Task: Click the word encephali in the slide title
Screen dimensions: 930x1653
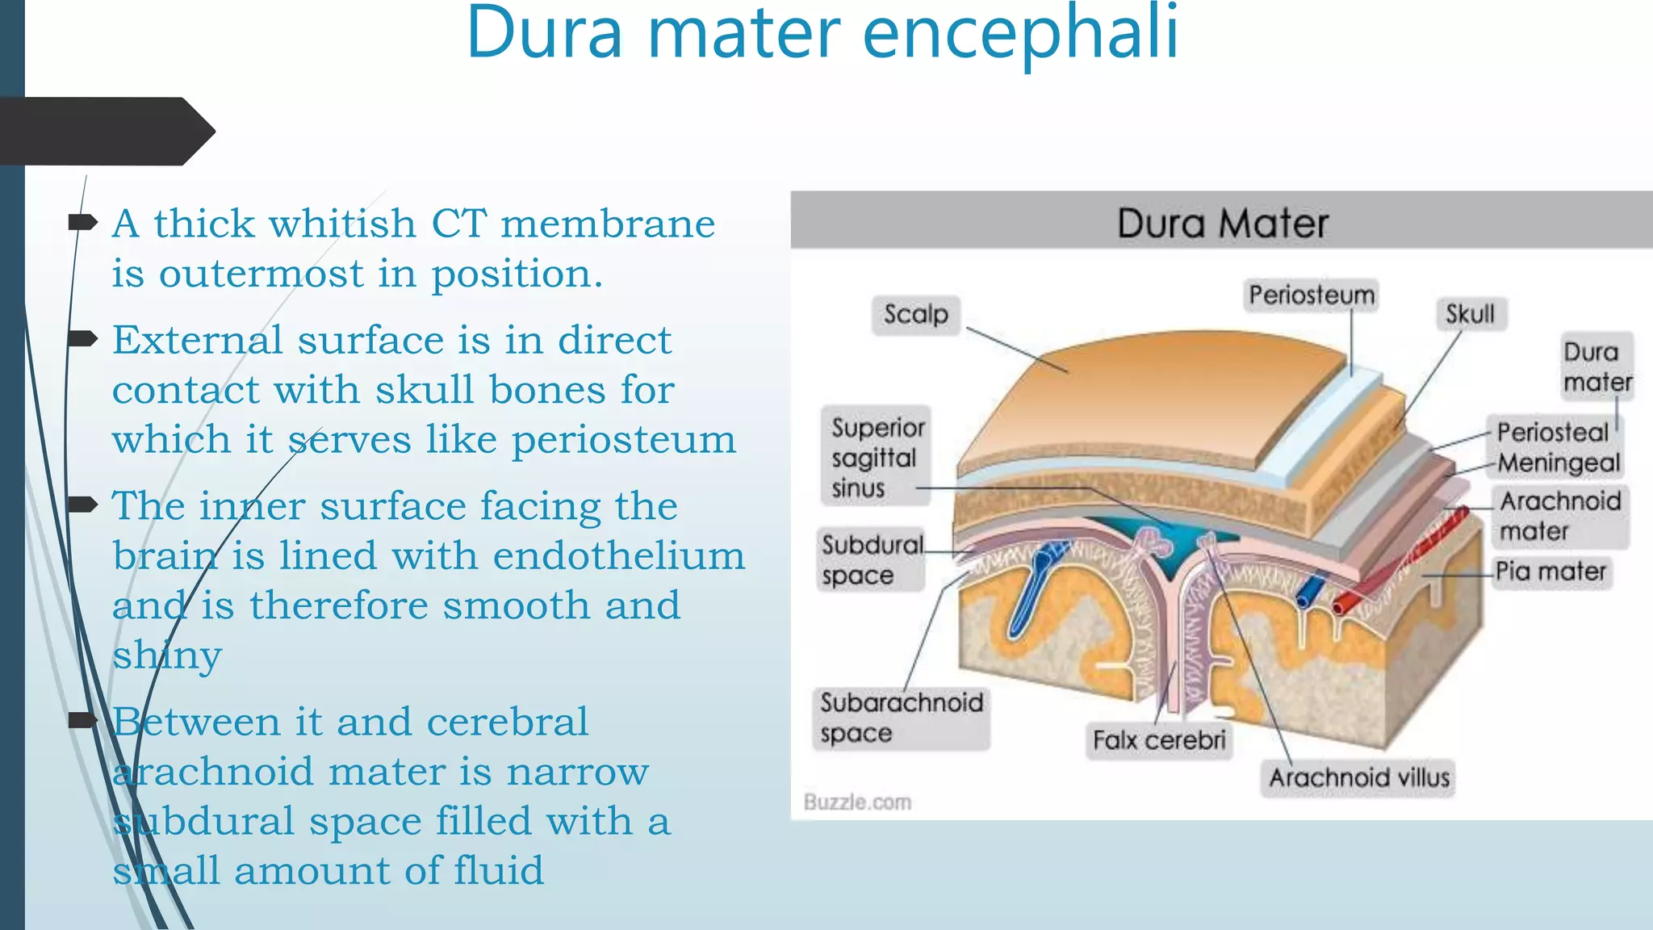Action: (x=1020, y=34)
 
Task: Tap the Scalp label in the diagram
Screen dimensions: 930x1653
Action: (x=915, y=314)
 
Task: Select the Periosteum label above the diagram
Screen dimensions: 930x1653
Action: (x=1311, y=295)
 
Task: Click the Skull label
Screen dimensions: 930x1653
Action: (x=1470, y=314)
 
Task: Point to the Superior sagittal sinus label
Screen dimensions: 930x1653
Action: (x=876, y=458)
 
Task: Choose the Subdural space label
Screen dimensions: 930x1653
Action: (x=870, y=560)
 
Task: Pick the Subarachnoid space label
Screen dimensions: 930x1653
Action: (x=900, y=718)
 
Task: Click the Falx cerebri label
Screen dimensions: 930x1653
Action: (x=1158, y=740)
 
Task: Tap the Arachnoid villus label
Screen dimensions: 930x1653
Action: (x=1358, y=777)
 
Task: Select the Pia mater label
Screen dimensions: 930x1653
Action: (x=1550, y=572)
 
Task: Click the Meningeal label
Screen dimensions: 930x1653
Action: (x=1558, y=463)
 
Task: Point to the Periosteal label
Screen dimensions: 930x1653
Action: (x=1552, y=432)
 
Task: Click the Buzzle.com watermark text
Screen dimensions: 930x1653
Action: (x=857, y=802)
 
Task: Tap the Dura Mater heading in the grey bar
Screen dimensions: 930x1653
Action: (x=1222, y=223)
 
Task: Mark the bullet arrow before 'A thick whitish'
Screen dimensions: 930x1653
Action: (x=82, y=222)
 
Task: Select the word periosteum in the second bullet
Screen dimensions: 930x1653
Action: (x=623, y=440)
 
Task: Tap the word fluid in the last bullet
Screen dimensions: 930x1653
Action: (x=498, y=871)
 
